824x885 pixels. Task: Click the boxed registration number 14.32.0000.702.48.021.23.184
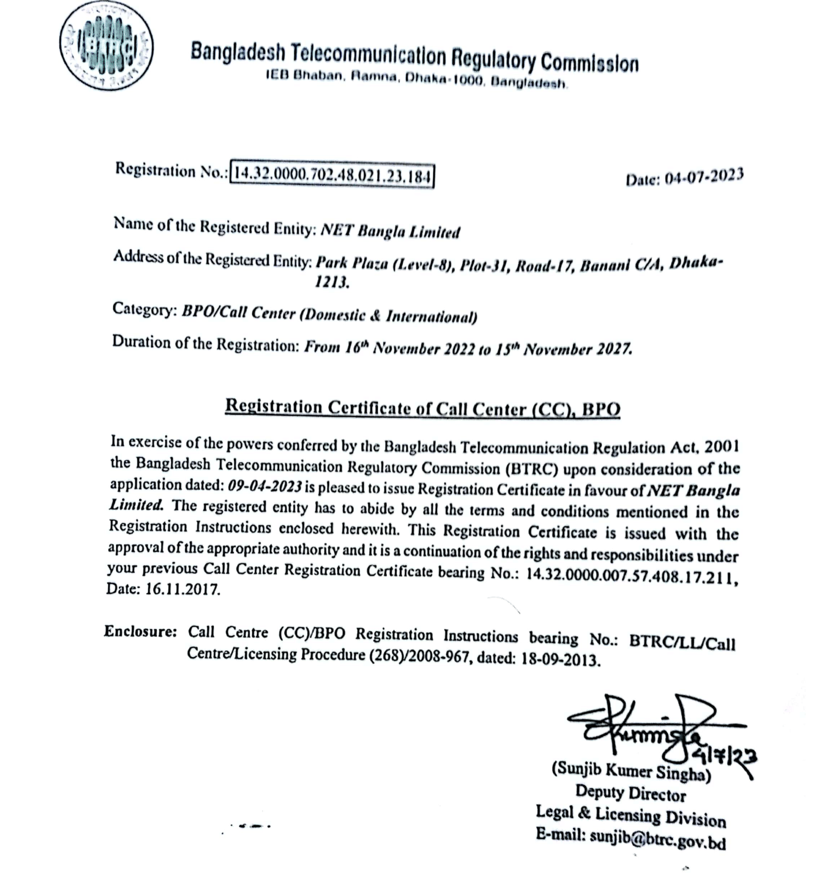point(332,175)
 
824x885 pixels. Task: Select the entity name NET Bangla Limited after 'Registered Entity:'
point(390,231)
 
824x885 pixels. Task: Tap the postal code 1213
point(332,282)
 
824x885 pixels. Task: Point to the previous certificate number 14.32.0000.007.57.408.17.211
point(631,575)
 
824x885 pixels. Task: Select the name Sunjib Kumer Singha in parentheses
point(631,772)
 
